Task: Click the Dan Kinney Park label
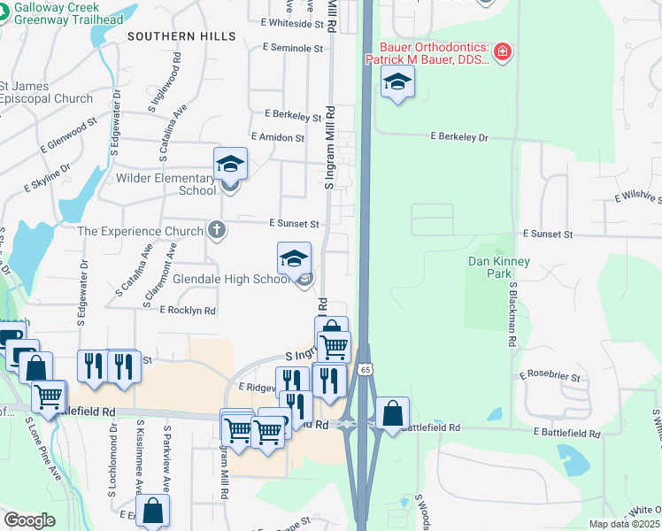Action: (x=499, y=267)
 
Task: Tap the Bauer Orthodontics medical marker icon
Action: (x=503, y=52)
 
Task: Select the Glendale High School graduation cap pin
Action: (x=295, y=258)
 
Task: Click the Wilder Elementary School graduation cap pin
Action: (x=230, y=164)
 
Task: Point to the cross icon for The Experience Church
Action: (x=216, y=231)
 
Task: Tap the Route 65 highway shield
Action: (x=365, y=367)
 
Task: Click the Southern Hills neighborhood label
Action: (x=181, y=36)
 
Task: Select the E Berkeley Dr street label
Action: (x=459, y=138)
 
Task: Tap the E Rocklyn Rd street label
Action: (x=188, y=311)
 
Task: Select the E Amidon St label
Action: (x=278, y=137)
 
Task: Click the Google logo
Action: (x=30, y=519)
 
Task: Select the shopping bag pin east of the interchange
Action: (x=392, y=412)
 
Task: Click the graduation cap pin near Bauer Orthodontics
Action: (x=398, y=83)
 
